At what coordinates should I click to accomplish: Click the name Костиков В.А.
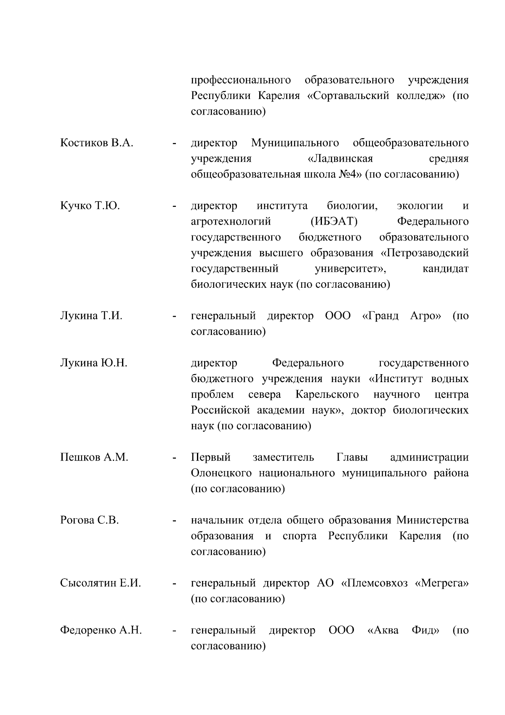pyautogui.click(x=96, y=143)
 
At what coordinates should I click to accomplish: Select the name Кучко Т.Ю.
pyautogui.click(x=90, y=206)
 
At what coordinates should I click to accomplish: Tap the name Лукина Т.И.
pyautogui.click(x=91, y=316)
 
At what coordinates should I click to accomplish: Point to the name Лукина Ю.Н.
pyautogui.click(x=93, y=363)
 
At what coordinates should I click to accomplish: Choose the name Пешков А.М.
pyautogui.click(x=94, y=458)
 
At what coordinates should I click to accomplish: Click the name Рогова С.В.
pyautogui.click(x=89, y=520)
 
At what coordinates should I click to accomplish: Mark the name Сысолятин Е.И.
pyautogui.click(x=100, y=584)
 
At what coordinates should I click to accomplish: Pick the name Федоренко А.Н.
pyautogui.click(x=101, y=631)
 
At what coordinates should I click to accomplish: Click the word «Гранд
pyautogui.click(x=380, y=316)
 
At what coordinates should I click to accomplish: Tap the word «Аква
pyautogui.click(x=383, y=631)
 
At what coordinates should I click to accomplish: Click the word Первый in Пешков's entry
pyautogui.click(x=211, y=458)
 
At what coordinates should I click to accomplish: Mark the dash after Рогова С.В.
pyautogui.click(x=173, y=521)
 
